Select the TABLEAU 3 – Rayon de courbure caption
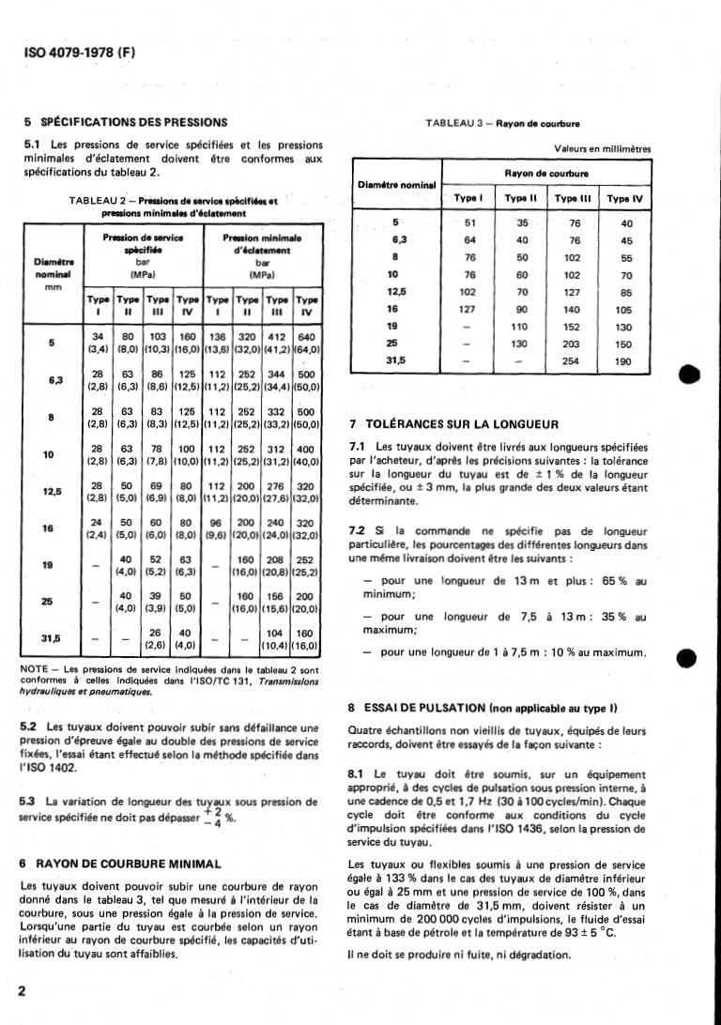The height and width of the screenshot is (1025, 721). click(x=502, y=123)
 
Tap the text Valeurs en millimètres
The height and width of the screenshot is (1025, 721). click(x=603, y=148)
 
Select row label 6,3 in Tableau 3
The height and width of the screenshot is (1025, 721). click(x=395, y=240)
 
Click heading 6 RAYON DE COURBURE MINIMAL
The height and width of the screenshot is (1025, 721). click(x=121, y=863)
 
